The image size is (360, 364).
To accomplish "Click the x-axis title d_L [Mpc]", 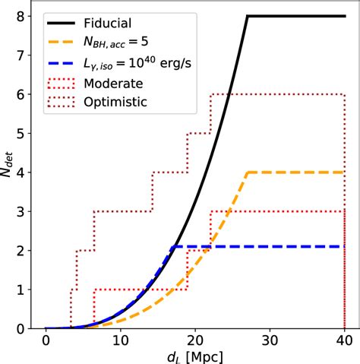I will pos(195,356).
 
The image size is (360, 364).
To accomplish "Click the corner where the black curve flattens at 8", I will pos(248,16).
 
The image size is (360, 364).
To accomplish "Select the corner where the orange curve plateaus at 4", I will pos(248,173).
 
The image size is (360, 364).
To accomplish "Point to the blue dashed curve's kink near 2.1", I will pos(173,246).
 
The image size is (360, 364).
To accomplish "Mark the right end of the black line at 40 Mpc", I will pos(345,16).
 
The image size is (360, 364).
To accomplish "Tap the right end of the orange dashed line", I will pos(345,173).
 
